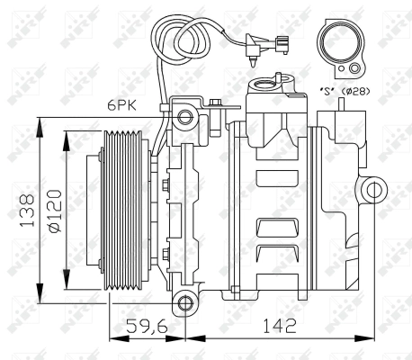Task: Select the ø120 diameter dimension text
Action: pyautogui.click(x=54, y=210)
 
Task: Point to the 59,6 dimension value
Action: pyautogui.click(x=146, y=328)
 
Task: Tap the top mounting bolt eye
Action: pyautogui.click(x=185, y=116)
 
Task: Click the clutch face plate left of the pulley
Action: pyautogui.click(x=93, y=210)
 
